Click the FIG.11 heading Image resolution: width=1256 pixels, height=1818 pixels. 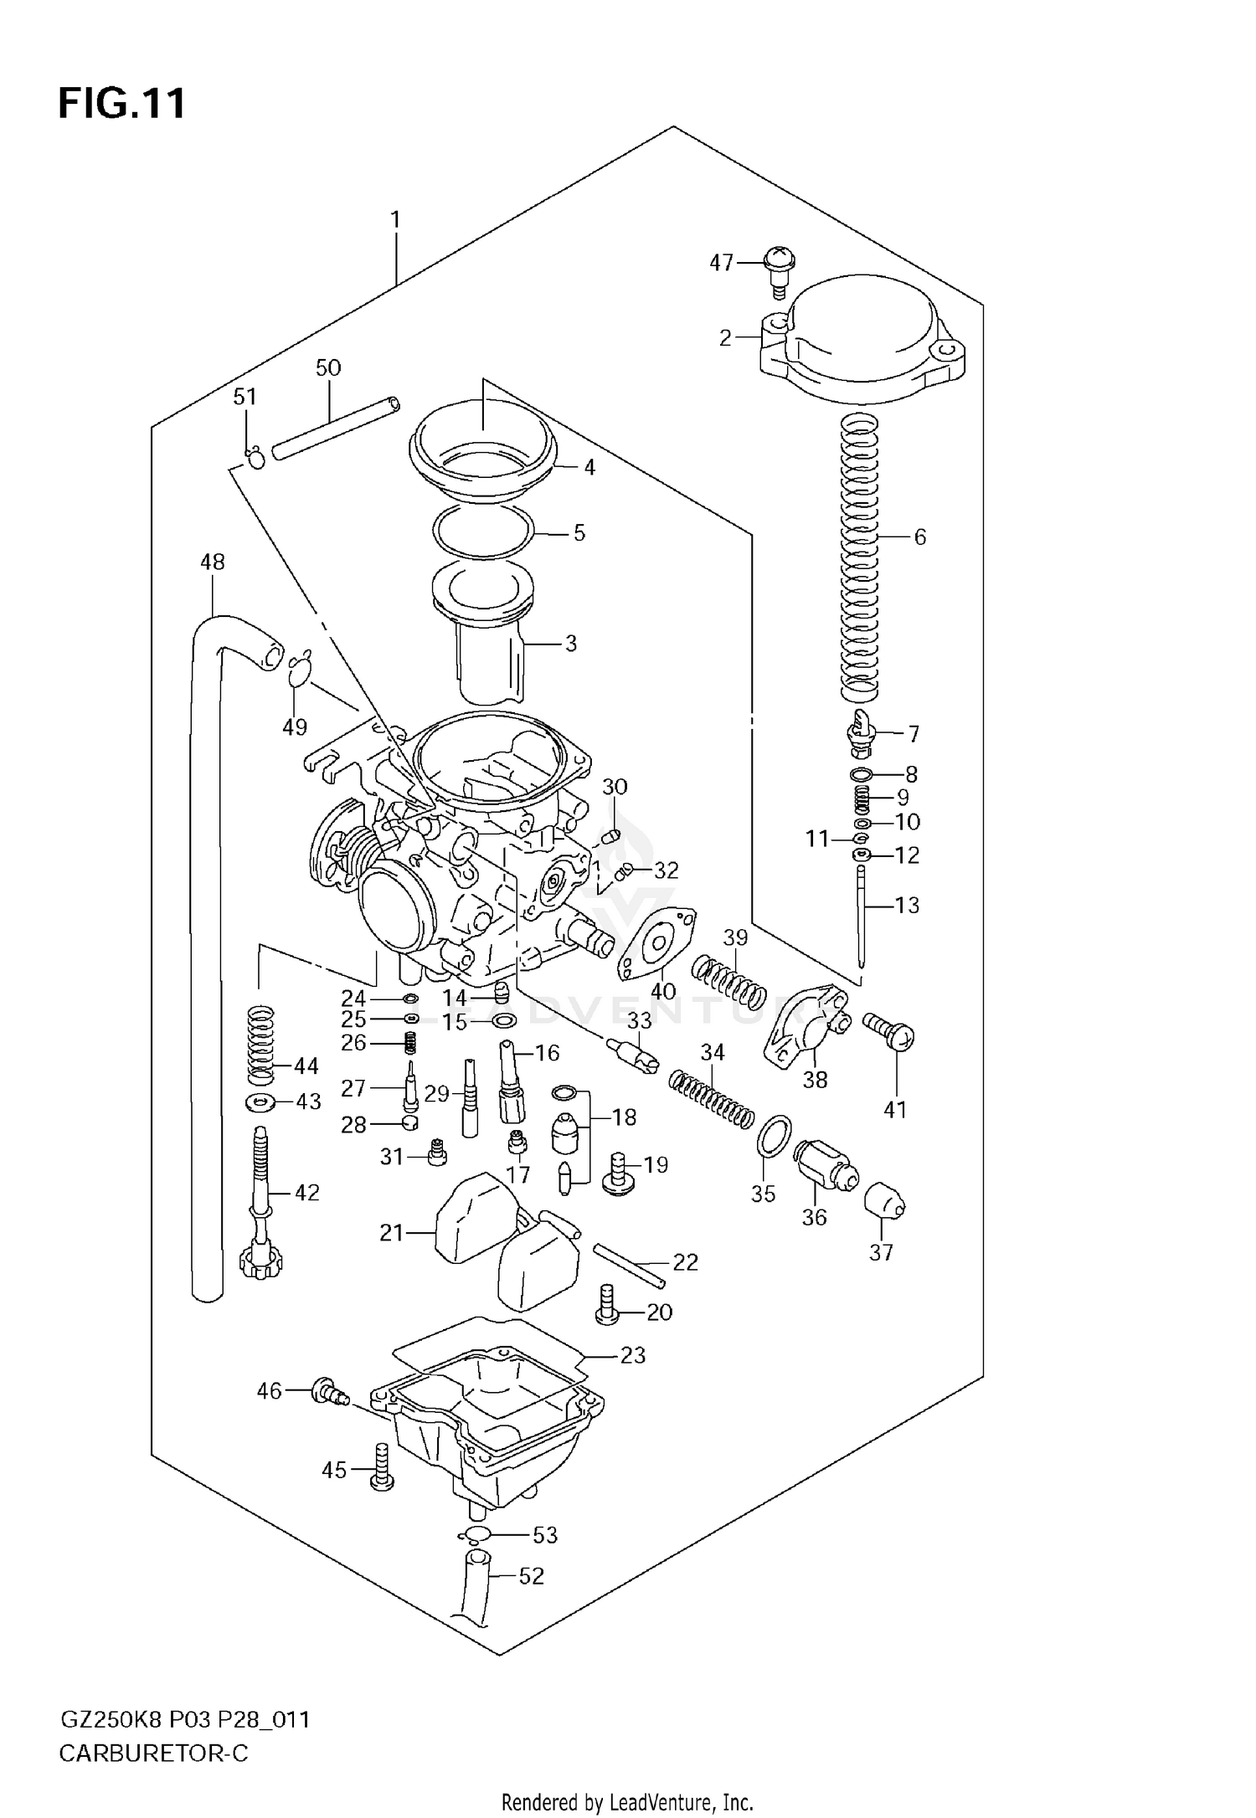[x=122, y=105]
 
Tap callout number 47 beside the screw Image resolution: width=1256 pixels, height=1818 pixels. [x=721, y=263]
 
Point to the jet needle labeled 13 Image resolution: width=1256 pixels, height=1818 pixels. [x=862, y=921]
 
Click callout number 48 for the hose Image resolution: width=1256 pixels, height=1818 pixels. [x=213, y=562]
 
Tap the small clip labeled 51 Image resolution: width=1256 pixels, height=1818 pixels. [x=255, y=458]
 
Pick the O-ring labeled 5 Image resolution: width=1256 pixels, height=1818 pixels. [x=484, y=532]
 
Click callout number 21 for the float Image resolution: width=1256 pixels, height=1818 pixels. [x=391, y=1233]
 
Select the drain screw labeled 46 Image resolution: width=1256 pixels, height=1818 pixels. [x=329, y=1392]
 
